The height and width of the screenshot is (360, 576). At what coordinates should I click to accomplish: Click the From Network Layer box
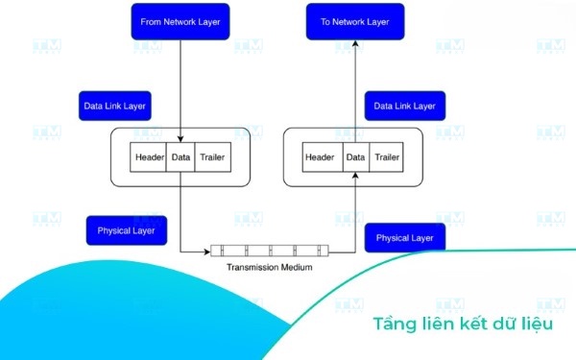click(x=180, y=22)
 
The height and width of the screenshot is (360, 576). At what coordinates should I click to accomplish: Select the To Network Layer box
click(x=355, y=22)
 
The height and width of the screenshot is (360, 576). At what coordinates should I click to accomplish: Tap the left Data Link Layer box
click(x=115, y=106)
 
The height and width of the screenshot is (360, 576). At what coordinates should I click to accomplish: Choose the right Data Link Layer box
click(x=405, y=106)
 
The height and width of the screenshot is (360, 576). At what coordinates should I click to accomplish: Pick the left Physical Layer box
click(x=127, y=230)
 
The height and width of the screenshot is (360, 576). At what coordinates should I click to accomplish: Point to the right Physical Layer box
click(x=405, y=238)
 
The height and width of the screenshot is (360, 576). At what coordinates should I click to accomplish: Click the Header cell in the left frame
click(x=148, y=157)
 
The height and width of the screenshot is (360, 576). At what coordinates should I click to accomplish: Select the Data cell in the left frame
click(x=180, y=157)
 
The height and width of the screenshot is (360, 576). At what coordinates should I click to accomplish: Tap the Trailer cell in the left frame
click(x=213, y=157)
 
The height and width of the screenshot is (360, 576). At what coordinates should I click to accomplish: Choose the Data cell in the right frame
click(x=356, y=157)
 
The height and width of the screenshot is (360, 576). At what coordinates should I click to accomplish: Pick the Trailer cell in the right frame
click(x=386, y=157)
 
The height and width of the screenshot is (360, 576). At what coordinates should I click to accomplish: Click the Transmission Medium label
click(x=269, y=267)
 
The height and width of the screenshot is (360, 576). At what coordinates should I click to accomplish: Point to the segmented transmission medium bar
click(x=270, y=251)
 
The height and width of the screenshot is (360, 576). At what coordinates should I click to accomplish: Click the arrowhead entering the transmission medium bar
click(x=207, y=252)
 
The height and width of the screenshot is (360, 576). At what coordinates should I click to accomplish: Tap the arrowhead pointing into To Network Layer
click(x=355, y=43)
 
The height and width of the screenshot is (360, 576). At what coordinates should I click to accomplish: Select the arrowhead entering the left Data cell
click(x=180, y=139)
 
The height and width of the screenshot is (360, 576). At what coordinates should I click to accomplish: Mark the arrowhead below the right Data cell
click(x=355, y=176)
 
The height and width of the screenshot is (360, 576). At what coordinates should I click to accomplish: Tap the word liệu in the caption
click(x=537, y=324)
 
